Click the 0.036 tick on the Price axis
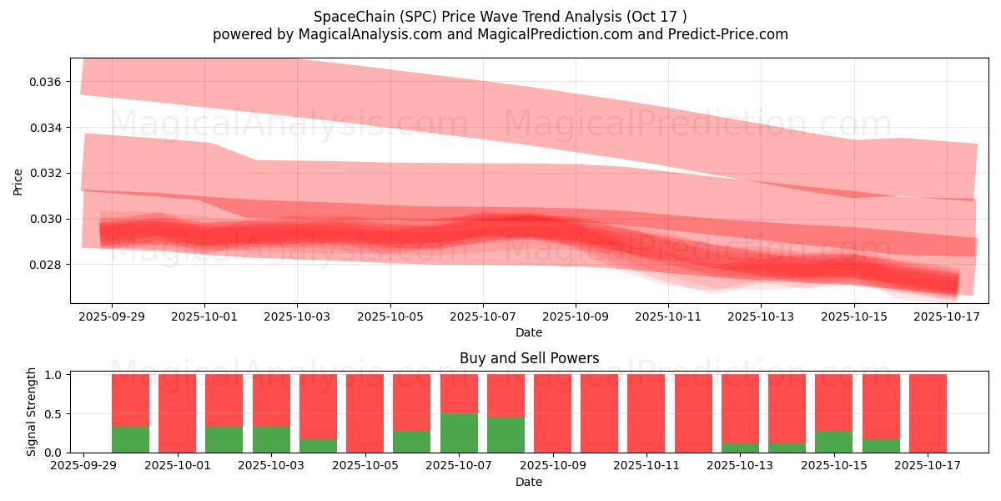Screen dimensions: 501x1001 tap(45, 82)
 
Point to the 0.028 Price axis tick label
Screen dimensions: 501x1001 tap(45, 265)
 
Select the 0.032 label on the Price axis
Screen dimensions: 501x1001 tap(45, 174)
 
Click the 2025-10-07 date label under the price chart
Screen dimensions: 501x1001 tap(482, 317)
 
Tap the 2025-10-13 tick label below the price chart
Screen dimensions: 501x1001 tap(761, 317)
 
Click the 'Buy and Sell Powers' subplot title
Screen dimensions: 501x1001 tap(529, 358)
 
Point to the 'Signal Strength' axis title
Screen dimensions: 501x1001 tap(32, 412)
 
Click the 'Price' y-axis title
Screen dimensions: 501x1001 tap(18, 180)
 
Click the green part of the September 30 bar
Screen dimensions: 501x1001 tap(130, 439)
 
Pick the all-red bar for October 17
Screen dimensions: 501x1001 tap(928, 413)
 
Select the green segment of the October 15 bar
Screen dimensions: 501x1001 tap(833, 442)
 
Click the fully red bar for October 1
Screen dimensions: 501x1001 tap(177, 413)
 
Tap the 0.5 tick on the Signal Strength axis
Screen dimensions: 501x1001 tap(53, 414)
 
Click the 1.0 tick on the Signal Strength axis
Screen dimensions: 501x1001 tap(53, 375)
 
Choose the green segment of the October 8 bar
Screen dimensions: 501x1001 tap(506, 435)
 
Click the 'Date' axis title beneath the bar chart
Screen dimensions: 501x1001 tap(529, 482)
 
